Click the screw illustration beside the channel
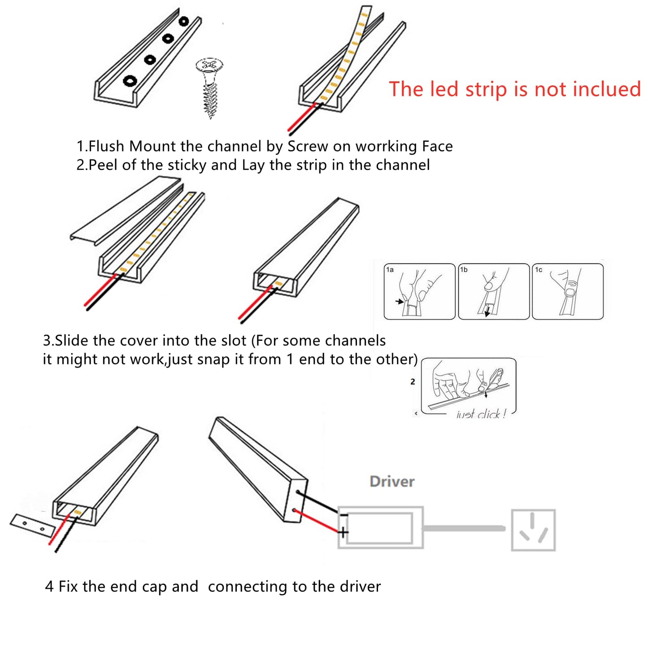(x=209, y=87)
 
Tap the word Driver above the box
(x=392, y=482)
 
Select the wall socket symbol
(x=533, y=530)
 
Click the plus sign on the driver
(x=343, y=532)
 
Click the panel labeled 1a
(x=419, y=291)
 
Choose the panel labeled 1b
(x=494, y=291)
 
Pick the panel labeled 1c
(x=568, y=291)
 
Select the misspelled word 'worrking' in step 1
(x=386, y=147)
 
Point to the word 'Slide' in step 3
(x=72, y=340)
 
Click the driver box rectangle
(x=380, y=528)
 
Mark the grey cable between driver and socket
(x=464, y=528)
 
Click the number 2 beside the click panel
(x=413, y=382)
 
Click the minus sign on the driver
(x=344, y=515)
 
